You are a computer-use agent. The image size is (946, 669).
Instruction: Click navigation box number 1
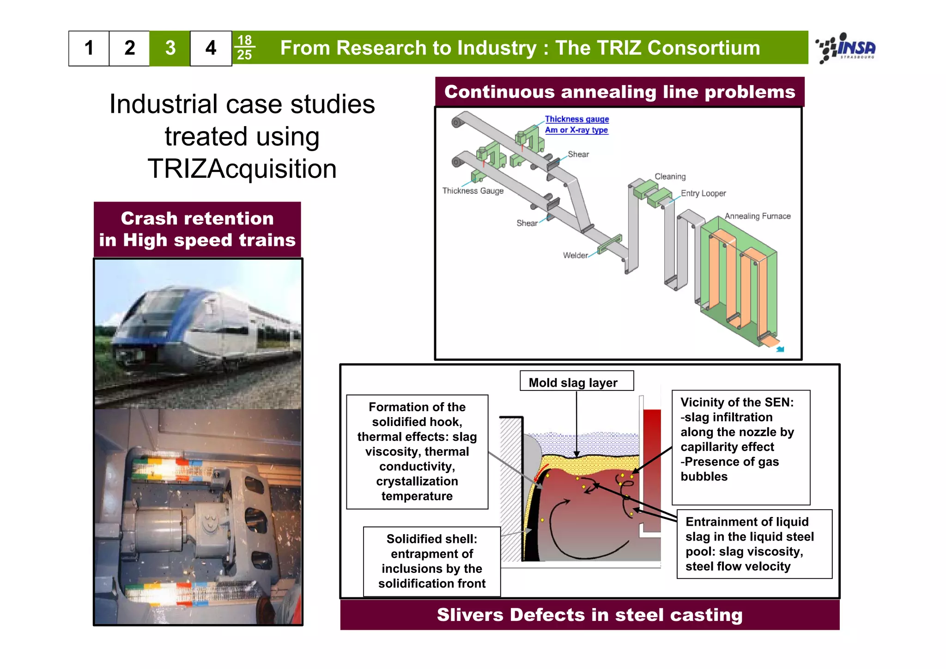point(89,48)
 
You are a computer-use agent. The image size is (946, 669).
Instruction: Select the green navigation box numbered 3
point(170,48)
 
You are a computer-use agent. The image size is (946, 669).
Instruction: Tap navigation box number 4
point(211,48)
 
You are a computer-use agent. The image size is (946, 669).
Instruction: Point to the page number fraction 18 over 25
point(244,48)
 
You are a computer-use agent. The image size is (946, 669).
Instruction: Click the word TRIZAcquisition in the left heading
point(242,169)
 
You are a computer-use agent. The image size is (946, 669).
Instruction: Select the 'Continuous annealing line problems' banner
point(619,92)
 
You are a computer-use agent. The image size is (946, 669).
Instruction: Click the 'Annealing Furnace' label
point(758,216)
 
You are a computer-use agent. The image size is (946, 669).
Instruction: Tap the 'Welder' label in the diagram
point(575,255)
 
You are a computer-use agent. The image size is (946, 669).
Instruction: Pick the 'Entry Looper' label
point(703,193)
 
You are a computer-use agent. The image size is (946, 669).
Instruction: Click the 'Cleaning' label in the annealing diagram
point(670,176)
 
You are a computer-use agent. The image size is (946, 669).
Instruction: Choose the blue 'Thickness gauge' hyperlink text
point(576,119)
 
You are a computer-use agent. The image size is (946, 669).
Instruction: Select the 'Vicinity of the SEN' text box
point(740,447)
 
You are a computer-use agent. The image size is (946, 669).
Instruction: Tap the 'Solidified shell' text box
point(432,561)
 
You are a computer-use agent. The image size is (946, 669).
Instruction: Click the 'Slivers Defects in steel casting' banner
point(589,615)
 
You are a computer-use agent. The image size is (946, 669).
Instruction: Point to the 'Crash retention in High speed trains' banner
point(197,229)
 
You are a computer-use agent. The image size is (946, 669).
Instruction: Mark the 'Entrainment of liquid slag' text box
point(754,544)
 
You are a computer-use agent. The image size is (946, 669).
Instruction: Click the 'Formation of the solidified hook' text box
point(417,451)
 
